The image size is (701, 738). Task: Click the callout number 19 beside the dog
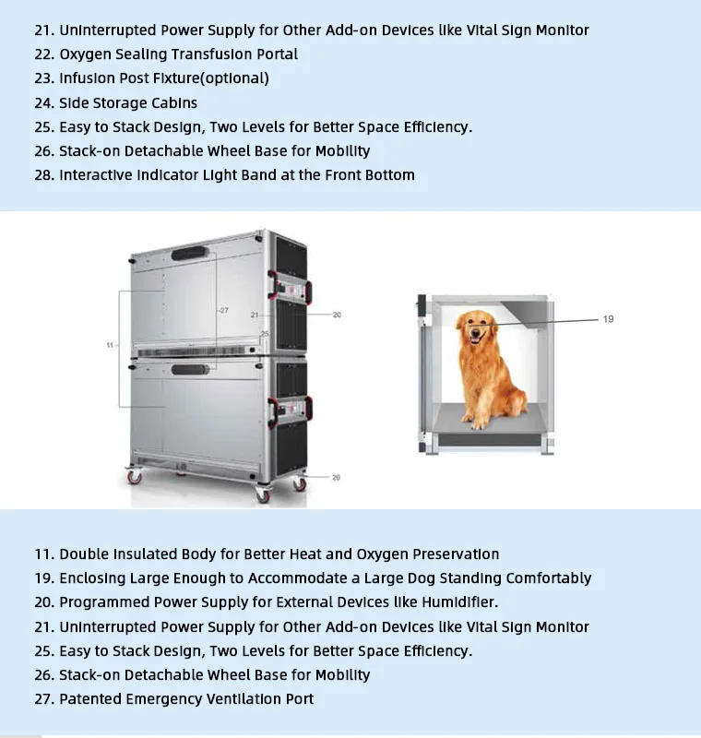coord(608,319)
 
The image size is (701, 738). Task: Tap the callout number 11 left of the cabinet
coord(110,345)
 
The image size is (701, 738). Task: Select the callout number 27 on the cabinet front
coord(222,311)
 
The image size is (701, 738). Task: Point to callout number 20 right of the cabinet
coord(337,315)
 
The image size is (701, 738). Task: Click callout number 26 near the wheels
coord(336,477)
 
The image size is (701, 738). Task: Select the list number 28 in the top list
coord(44,174)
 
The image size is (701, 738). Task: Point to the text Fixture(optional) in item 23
coord(209,78)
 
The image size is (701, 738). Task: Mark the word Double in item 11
coord(87,554)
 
